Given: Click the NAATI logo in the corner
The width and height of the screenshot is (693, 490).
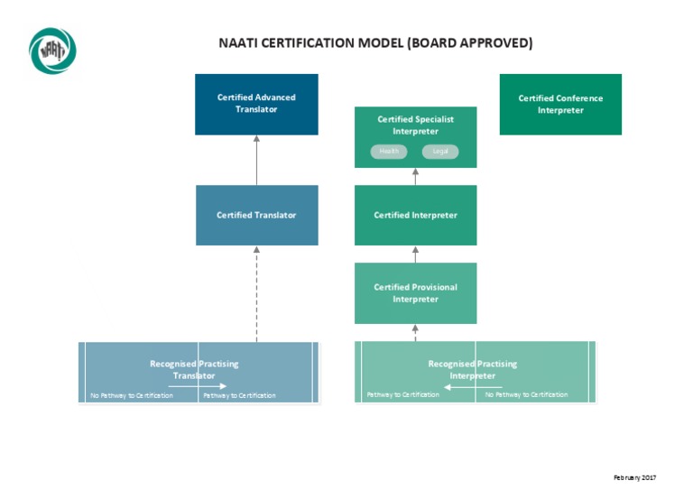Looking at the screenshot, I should (52, 51).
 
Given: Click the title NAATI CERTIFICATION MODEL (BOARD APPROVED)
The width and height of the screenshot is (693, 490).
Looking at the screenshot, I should (375, 42).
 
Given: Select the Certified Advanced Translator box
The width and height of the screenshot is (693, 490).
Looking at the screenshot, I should (256, 104).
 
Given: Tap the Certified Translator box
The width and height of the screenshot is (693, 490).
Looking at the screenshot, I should (256, 215).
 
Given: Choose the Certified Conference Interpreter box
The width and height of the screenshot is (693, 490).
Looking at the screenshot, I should (560, 104).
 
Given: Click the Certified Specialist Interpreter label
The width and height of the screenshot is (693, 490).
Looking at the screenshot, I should (415, 125).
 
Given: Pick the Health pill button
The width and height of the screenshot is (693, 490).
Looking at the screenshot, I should (389, 152).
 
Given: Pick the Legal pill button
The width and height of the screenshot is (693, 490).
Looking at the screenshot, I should (440, 152).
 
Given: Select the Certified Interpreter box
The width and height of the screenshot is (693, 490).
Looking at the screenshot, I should (415, 215).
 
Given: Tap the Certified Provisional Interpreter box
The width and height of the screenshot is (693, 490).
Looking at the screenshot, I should (415, 292).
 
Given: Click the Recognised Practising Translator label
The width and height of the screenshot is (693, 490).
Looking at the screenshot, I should (194, 369).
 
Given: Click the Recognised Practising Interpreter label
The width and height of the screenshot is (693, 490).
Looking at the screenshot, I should (472, 369).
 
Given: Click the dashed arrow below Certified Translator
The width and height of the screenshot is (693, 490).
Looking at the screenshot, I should (256, 293).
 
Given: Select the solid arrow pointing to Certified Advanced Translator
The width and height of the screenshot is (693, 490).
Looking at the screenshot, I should (256, 160).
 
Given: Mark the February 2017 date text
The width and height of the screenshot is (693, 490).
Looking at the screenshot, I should (634, 476).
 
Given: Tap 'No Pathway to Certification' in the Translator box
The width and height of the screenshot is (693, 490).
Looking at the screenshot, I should (131, 395).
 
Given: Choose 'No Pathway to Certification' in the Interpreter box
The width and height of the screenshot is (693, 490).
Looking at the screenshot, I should (526, 394).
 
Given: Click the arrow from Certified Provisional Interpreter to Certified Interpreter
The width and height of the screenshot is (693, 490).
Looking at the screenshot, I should (415, 254).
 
